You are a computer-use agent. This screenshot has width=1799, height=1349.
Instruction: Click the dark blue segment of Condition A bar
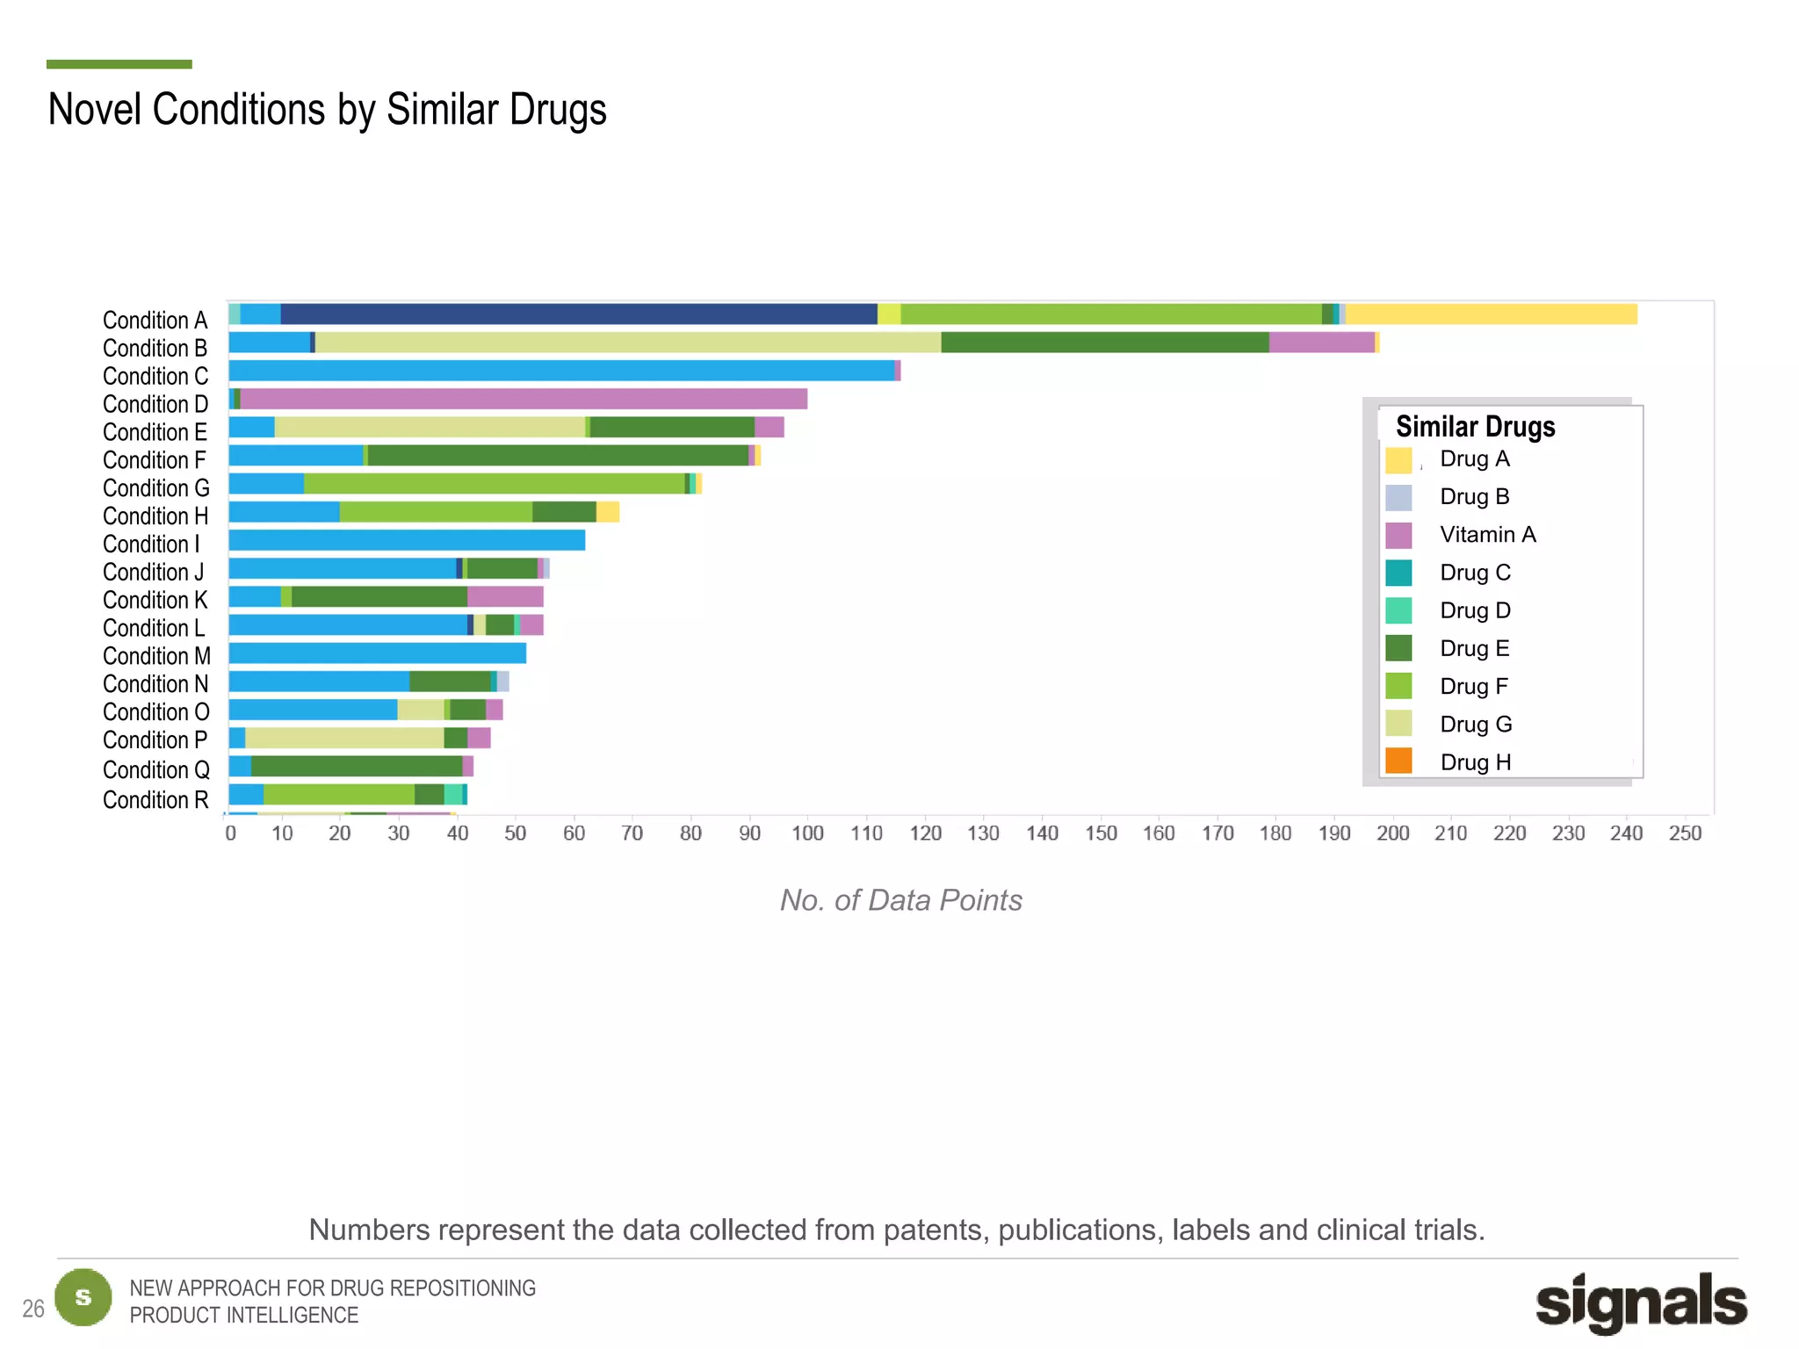coord(578,314)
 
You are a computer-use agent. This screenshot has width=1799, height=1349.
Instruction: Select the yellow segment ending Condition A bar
coord(1491,314)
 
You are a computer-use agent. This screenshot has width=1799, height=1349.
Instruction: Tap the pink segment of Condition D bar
coord(524,399)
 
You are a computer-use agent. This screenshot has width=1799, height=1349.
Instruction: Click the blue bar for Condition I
coord(407,540)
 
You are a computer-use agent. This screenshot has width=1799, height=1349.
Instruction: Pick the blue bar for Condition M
coord(378,653)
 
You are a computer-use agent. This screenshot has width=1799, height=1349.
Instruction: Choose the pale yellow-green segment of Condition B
coord(627,343)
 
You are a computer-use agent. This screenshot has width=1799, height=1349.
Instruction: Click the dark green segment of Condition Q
coord(357,766)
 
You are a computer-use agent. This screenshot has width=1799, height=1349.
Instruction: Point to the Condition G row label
coord(155,488)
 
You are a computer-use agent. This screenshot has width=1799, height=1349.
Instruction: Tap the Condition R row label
coord(155,800)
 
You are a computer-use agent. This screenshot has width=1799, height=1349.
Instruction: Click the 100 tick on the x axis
coord(807,833)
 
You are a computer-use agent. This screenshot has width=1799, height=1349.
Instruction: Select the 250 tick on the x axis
coord(1685,833)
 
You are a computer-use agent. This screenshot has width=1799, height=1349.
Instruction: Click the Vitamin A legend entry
coord(1487,535)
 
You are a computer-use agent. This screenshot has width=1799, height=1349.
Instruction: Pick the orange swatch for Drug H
coord(1398,761)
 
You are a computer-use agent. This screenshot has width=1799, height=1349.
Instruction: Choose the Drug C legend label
coord(1475,573)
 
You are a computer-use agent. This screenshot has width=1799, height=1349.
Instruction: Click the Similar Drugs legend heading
coord(1475,427)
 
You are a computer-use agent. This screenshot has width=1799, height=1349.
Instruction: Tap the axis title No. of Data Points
coord(900,900)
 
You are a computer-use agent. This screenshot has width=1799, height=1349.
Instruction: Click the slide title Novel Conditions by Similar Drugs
coord(327,110)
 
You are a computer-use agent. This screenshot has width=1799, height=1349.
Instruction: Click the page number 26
coord(33,1309)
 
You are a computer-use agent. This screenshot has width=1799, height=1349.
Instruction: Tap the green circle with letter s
coord(83,1297)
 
